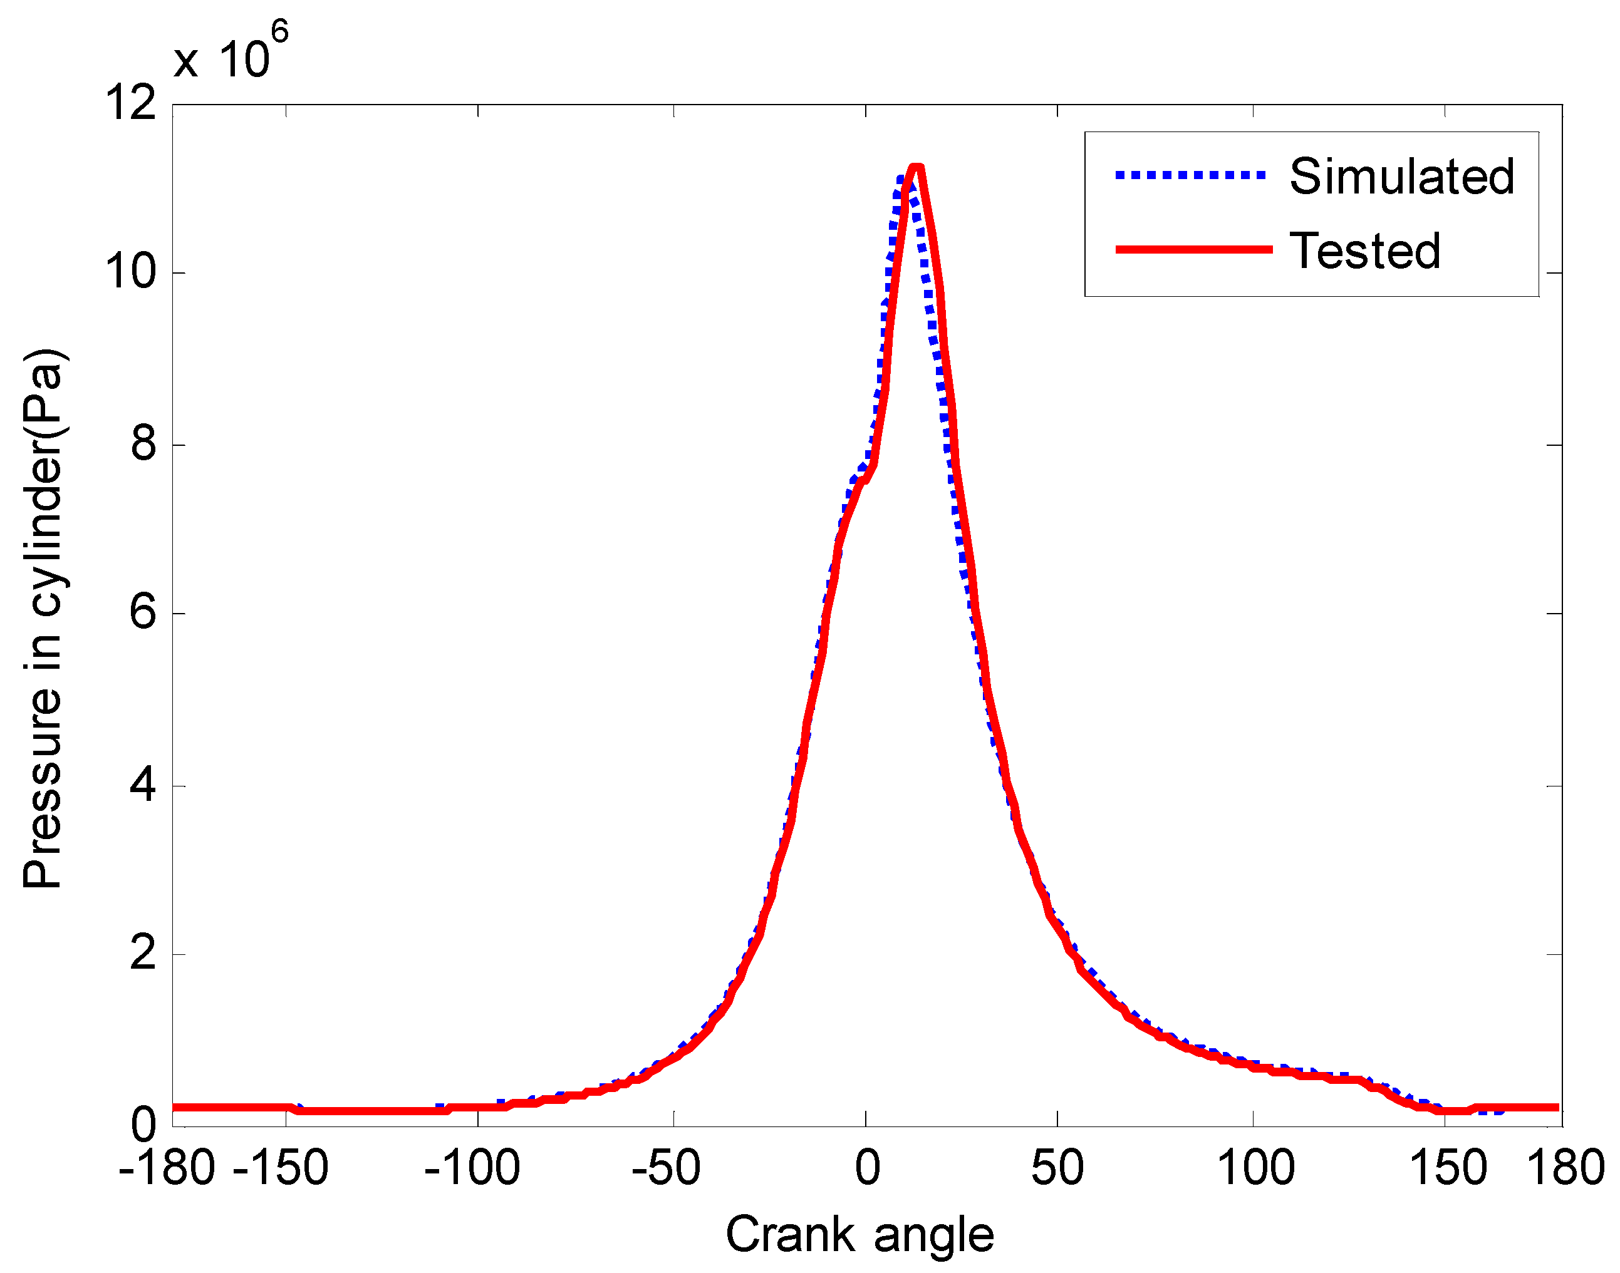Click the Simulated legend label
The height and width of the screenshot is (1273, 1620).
pos(1401,177)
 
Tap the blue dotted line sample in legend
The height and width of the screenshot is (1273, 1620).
pos(1191,175)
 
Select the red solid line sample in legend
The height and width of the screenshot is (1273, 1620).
pos(1193,249)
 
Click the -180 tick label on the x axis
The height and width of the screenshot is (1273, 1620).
pos(167,1168)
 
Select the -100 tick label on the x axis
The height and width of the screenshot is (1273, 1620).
pos(472,1168)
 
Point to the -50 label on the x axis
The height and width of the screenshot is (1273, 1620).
pos(666,1168)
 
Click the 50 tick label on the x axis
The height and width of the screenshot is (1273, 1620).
pos(1057,1168)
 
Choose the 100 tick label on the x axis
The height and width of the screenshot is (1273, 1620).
pos(1256,1168)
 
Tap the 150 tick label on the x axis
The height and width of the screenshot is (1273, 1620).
pos(1448,1168)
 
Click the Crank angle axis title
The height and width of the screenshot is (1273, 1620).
pos(859,1235)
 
